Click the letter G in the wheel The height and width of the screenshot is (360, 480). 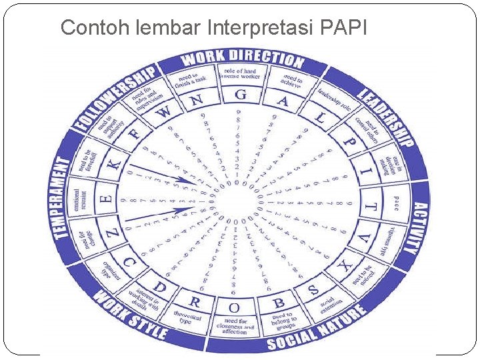[240, 95]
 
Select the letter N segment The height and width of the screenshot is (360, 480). [196, 101]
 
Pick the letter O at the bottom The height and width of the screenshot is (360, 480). [235, 308]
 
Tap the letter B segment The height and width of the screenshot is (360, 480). [279, 303]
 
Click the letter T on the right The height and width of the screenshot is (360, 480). [372, 207]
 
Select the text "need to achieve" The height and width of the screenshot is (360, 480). [292, 80]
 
